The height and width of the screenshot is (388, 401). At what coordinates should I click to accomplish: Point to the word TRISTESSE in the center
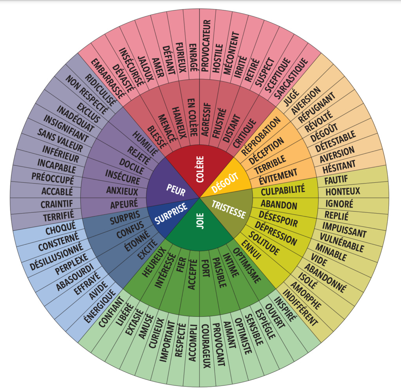click(x=228, y=209)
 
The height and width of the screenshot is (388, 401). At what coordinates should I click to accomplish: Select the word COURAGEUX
click(x=206, y=346)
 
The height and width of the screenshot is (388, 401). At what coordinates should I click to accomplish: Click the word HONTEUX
click(x=343, y=192)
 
